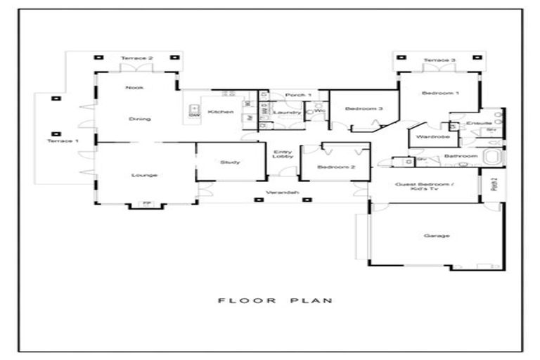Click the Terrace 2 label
(x=136, y=58)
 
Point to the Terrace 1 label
(x=63, y=141)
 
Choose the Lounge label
(x=144, y=175)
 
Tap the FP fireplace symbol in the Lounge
(x=146, y=203)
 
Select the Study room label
(x=229, y=162)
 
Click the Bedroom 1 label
(x=440, y=94)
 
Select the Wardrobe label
(x=432, y=136)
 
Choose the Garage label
(x=437, y=236)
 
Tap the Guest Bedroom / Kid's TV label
(x=425, y=187)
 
